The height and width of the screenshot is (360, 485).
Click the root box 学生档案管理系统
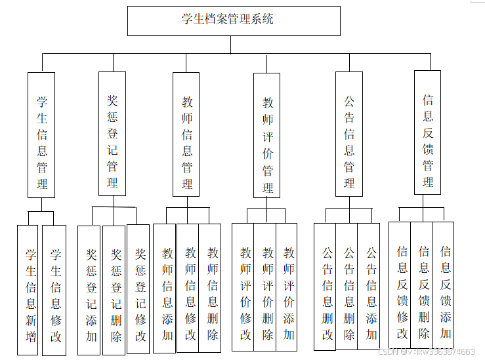(x=233, y=20)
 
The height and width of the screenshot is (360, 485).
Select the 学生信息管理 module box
(x=41, y=135)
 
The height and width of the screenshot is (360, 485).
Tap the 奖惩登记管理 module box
(x=112, y=134)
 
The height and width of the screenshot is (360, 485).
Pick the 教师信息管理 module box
(x=186, y=135)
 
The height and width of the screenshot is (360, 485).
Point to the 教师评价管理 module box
(x=267, y=136)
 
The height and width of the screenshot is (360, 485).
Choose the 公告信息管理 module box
(x=348, y=135)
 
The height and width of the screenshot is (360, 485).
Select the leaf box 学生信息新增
(x=28, y=290)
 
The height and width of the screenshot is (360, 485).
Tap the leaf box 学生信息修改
(x=54, y=290)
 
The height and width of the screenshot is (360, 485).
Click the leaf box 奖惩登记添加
(x=89, y=290)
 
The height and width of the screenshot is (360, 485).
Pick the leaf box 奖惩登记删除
(x=114, y=290)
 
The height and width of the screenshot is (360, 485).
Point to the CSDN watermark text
(x=427, y=352)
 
